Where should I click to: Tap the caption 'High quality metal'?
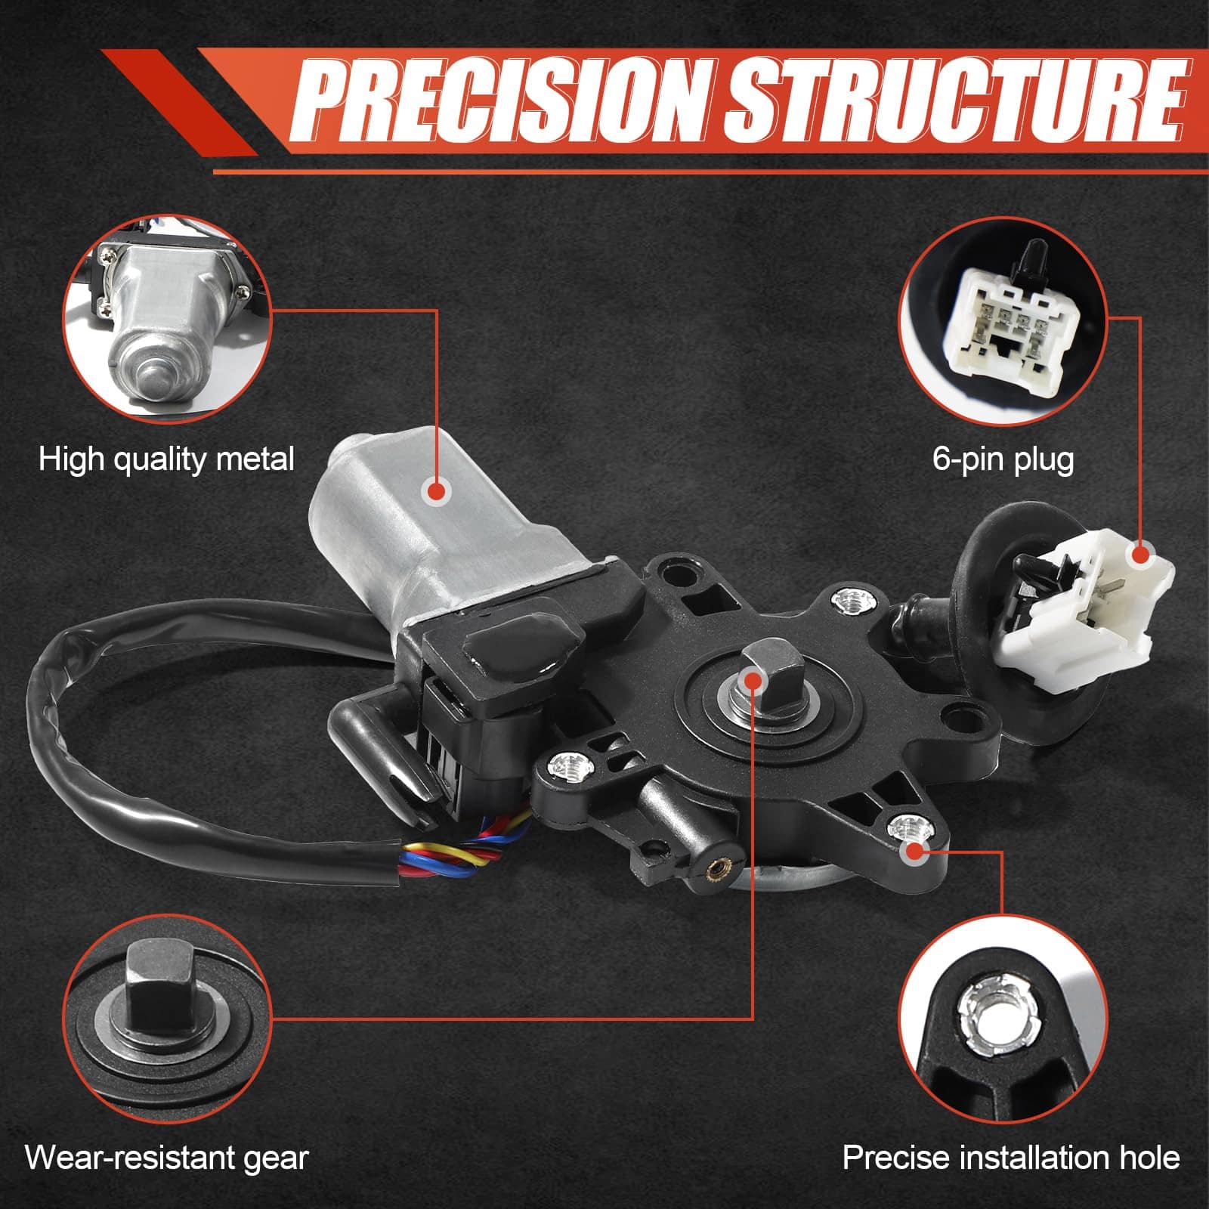tap(166, 459)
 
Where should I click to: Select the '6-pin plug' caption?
tap(1003, 459)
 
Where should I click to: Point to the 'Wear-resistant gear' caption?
tap(167, 1157)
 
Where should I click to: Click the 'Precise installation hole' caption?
tap(1011, 1157)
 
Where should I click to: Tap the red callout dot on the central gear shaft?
tap(753, 681)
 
